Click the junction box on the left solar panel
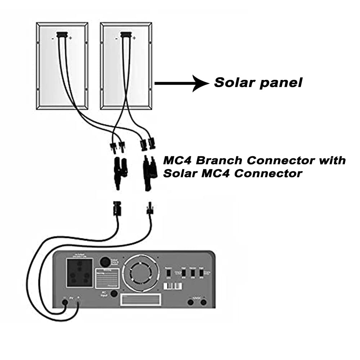tap(62, 35)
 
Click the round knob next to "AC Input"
tap(114, 294)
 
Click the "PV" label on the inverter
tap(71, 298)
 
